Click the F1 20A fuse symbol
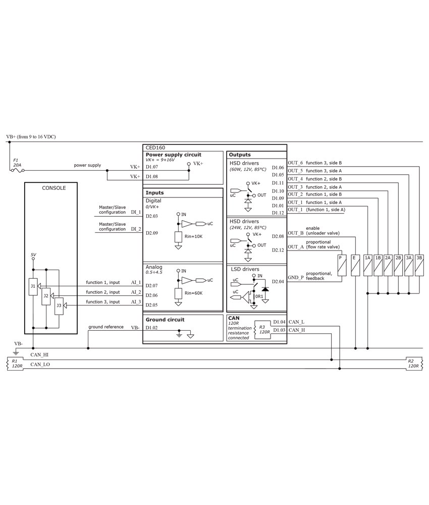17,170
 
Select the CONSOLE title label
53,188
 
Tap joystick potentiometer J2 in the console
46,296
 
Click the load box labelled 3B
419,266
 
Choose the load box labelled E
355,266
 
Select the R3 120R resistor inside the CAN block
262,330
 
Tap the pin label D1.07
151,167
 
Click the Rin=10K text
193,236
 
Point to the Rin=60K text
193,293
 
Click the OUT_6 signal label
295,163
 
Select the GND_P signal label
295,278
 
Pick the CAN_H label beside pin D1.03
297,330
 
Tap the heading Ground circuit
165,320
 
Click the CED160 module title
155,148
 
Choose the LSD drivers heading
245,269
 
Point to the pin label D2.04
278,281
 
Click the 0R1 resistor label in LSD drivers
259,296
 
